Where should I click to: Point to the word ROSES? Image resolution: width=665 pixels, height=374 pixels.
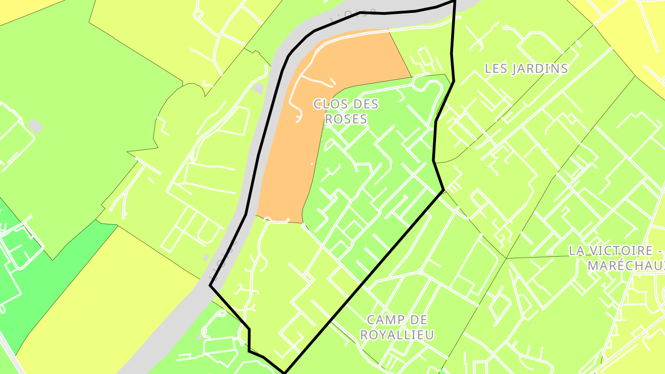click(346, 119)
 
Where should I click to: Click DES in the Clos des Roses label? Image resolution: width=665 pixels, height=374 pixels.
click(365, 104)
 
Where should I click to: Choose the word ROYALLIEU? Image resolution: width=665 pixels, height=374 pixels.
click(397, 335)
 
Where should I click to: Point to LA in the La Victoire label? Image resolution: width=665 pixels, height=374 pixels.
click(577, 251)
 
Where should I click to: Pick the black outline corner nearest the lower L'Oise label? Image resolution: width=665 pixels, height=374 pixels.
click(211, 286)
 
